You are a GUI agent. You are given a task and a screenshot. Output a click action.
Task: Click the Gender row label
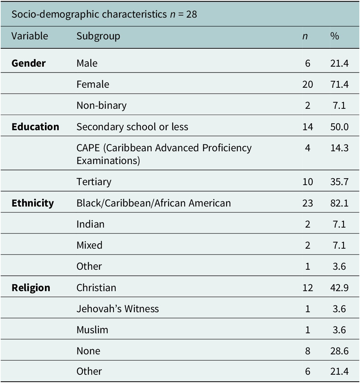[29, 63]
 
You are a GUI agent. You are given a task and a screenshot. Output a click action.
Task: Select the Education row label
[36, 127]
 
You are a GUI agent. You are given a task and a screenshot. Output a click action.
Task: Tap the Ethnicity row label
[33, 203]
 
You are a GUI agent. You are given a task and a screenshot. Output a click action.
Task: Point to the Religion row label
[31, 288]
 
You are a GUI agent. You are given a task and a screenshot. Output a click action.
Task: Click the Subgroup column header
[98, 36]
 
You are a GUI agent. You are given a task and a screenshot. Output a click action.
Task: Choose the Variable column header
[30, 36]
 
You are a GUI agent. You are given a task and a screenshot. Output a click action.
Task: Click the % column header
[334, 36]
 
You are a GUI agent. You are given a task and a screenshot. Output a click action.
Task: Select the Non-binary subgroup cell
[102, 106]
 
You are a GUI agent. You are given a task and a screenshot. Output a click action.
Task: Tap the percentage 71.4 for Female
[339, 85]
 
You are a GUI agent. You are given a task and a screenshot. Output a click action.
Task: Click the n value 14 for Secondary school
[307, 127]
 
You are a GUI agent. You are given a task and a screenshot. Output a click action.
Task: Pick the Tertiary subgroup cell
[94, 182]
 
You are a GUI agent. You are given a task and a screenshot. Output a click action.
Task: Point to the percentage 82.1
[339, 203]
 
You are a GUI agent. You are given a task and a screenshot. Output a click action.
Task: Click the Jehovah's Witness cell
[117, 309]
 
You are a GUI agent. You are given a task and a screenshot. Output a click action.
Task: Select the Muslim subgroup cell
[92, 330]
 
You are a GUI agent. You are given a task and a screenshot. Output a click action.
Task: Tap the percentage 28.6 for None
[339, 351]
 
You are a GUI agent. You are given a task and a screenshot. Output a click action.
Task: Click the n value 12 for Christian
[307, 288]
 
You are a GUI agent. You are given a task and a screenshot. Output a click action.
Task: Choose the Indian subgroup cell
[91, 224]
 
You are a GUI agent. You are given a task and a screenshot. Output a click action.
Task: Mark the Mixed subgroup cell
[89, 245]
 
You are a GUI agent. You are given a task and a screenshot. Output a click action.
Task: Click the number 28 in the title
[192, 15]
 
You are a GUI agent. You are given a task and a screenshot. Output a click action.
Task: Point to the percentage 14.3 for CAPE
[339, 148]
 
